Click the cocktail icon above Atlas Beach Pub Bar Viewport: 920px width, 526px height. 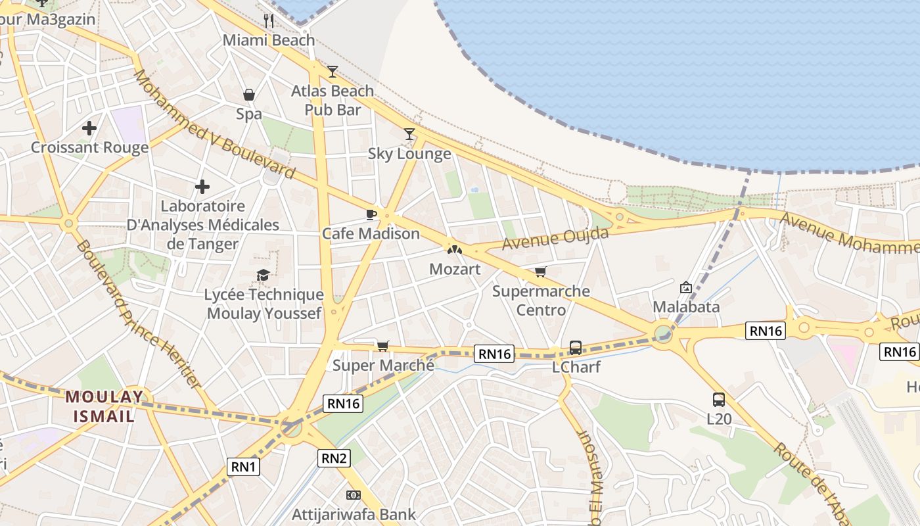click(333, 72)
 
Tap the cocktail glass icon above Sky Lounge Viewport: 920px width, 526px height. click(409, 134)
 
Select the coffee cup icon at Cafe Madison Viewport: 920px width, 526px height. click(371, 214)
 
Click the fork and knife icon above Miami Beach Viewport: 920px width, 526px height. click(268, 20)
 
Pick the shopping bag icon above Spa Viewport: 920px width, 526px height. click(249, 95)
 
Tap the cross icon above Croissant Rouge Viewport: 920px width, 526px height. click(89, 128)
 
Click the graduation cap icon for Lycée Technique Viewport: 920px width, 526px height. click(264, 275)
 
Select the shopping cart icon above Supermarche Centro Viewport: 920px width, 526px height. click(540, 272)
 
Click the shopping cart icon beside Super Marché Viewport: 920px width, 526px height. click(382, 346)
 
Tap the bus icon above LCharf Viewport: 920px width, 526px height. click(576, 347)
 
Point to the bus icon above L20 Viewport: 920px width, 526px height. click(719, 399)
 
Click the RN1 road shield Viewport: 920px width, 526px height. click(244, 467)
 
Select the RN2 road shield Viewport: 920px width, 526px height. click(334, 458)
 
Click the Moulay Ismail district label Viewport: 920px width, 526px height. click(104, 406)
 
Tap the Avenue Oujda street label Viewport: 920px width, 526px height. click(555, 238)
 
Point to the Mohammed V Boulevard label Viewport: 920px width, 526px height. click(214, 126)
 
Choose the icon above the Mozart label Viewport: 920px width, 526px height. click(455, 250)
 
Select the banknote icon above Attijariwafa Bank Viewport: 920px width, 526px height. click(354, 494)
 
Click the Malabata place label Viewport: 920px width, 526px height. click(686, 306)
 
